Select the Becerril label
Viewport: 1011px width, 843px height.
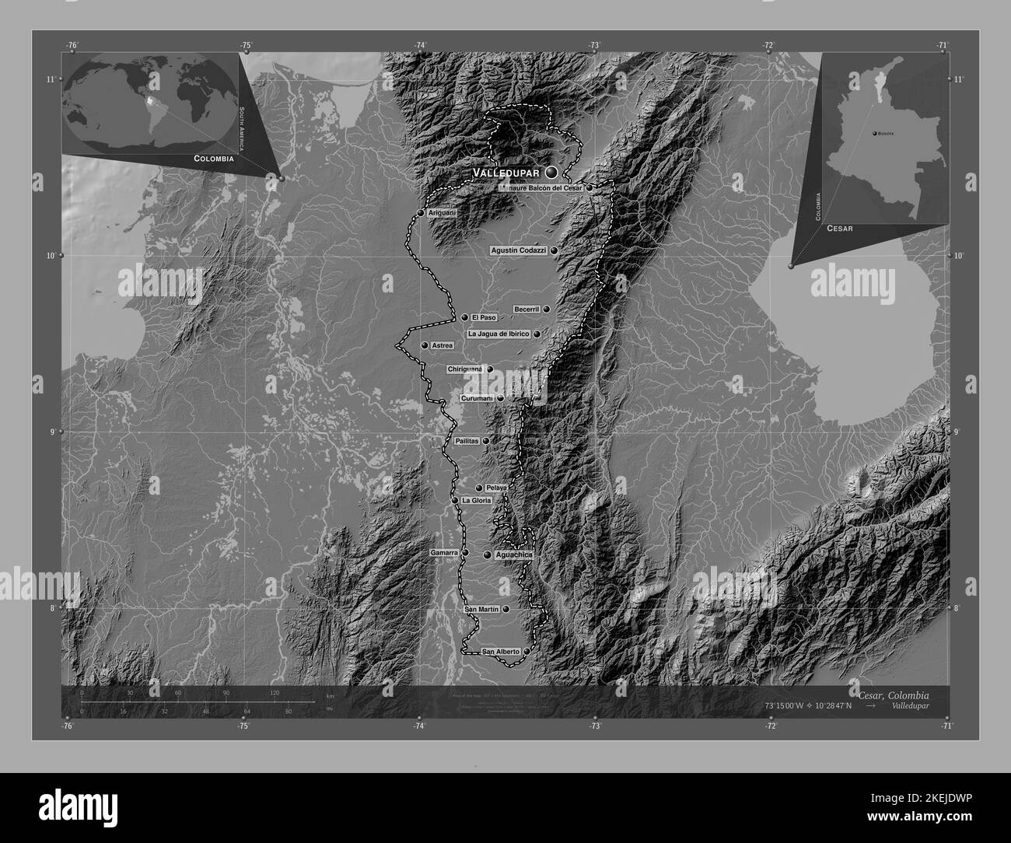[526, 310]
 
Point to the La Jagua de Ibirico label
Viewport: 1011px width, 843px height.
[499, 334]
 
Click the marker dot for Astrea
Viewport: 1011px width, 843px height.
[425, 345]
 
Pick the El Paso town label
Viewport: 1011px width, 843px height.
[483, 317]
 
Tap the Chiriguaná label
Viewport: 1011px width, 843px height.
[465, 369]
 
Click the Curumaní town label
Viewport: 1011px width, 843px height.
[477, 398]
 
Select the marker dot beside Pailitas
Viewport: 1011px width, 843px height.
[486, 441]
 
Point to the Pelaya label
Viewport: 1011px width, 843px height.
[496, 488]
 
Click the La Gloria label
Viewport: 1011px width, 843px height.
[476, 500]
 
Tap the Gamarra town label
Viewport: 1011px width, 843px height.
[444, 553]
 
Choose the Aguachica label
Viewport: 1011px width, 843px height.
[513, 554]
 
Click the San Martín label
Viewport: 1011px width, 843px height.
[481, 609]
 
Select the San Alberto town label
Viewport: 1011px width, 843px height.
[501, 651]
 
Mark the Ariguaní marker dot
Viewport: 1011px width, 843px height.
[421, 212]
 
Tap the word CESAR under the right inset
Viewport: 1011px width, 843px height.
[839, 229]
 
